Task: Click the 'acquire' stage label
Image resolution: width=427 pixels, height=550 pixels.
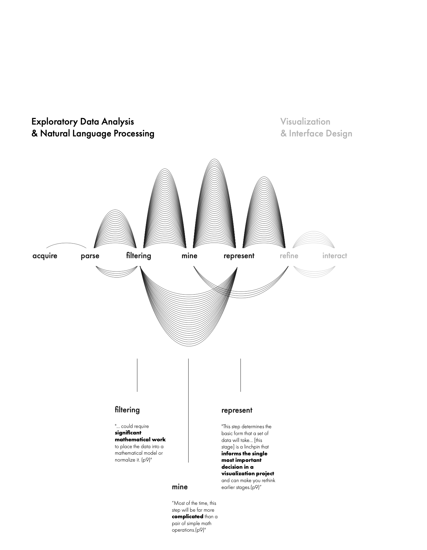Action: click(45, 256)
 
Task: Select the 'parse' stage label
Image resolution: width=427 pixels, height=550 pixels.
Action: click(90, 256)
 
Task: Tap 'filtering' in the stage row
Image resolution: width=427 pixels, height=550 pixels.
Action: click(138, 256)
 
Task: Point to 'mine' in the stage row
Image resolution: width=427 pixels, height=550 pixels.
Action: click(190, 256)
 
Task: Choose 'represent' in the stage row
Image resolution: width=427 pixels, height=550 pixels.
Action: click(239, 256)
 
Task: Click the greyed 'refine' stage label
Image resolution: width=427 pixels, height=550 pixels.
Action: click(289, 256)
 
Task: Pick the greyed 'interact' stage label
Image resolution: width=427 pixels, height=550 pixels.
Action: click(334, 256)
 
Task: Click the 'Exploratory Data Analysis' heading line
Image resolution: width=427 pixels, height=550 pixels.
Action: click(83, 121)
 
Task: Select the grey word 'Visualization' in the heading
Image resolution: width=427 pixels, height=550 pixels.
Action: click(305, 121)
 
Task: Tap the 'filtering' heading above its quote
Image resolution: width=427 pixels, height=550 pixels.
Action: click(127, 410)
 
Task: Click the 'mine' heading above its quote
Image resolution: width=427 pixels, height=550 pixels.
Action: click(180, 487)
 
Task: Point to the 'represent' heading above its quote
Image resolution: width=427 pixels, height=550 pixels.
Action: click(237, 410)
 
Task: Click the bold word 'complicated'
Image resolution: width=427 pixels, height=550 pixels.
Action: click(187, 516)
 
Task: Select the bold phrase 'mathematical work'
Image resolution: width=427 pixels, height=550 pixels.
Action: click(140, 439)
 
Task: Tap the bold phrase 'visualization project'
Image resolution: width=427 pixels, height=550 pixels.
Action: click(247, 473)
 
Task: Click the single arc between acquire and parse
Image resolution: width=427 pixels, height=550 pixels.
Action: click(66, 243)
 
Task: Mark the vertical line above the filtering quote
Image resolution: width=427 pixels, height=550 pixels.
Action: click(137, 375)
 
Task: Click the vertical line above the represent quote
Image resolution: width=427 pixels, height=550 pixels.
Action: click(240, 375)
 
